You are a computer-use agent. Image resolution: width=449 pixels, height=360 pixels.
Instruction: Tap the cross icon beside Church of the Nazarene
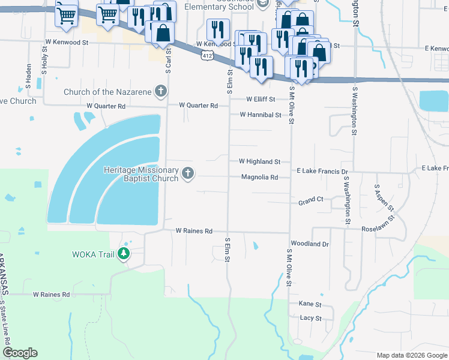point(160,91)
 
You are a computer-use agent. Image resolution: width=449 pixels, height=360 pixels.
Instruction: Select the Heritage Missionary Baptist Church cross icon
point(188,174)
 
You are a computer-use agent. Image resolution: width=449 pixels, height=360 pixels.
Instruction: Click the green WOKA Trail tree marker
point(124,254)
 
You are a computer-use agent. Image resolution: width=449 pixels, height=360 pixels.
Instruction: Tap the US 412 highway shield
point(206,55)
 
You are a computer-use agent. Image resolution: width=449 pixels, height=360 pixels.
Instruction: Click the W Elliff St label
point(261,99)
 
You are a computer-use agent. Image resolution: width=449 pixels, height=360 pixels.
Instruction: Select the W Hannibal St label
point(261,115)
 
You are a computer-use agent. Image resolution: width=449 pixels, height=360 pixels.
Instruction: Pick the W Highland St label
point(259,161)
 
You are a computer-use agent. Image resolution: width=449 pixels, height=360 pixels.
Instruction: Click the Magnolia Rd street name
point(259,178)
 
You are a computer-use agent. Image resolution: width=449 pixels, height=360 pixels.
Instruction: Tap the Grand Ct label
point(311,203)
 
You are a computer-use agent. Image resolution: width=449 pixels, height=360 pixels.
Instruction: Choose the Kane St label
point(310,304)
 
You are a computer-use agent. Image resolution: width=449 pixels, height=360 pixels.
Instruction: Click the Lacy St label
point(310,318)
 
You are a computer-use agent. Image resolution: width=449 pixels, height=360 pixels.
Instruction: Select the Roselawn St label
point(381,229)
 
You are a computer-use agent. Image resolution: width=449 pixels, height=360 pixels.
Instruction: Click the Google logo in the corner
point(20,353)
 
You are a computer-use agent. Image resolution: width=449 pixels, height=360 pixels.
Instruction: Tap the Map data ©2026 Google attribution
point(411,355)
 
